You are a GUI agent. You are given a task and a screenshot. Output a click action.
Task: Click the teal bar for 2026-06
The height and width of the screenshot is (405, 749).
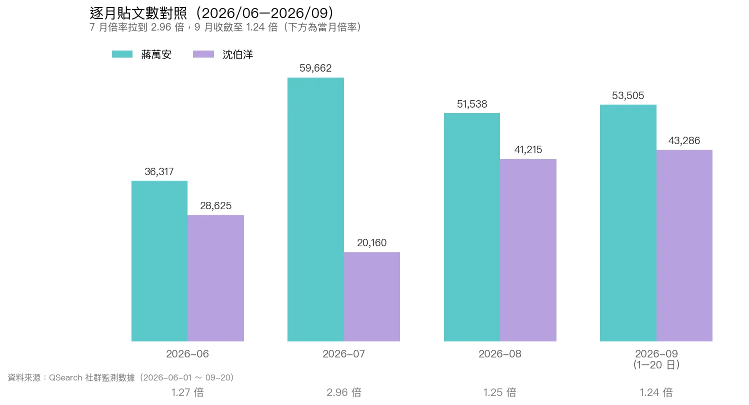coord(159,261)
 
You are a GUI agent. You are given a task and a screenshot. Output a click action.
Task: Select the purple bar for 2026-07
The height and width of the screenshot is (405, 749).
coord(372,297)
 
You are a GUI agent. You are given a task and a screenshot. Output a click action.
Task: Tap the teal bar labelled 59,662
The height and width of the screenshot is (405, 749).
coord(315,210)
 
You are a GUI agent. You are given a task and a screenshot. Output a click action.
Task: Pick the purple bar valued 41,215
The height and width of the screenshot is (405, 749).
coord(528,250)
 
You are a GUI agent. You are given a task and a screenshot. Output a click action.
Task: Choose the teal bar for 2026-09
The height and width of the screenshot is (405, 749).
coord(628,223)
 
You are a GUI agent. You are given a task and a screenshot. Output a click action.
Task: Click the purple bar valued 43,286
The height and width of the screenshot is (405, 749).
coord(684,246)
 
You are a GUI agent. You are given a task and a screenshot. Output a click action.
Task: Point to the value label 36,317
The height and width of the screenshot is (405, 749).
coord(159,172)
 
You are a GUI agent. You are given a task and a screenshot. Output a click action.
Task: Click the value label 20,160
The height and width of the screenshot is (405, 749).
coord(372,243)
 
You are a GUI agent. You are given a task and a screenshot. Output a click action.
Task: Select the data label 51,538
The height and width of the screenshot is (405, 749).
coord(472,104)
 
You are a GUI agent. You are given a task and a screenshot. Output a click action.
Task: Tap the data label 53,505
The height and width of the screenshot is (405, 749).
coord(628,96)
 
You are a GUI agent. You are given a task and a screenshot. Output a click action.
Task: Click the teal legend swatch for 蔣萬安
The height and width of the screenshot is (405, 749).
coord(122,54)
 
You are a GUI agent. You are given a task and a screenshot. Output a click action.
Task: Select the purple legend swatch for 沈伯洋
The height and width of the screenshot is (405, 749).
coord(203,54)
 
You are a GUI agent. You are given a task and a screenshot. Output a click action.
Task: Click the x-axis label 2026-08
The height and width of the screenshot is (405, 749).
coord(500,354)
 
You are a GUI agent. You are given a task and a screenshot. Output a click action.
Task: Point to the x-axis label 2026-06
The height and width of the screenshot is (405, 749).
coord(187,354)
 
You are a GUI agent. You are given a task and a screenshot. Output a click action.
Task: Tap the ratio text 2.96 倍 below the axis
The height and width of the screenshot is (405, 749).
coord(343,392)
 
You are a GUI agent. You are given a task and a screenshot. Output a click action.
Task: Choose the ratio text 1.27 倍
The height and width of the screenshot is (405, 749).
coord(187,392)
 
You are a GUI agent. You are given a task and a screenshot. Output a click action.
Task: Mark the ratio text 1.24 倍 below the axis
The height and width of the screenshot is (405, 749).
coord(656,392)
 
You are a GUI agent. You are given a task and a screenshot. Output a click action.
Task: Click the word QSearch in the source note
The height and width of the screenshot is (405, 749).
coord(65,377)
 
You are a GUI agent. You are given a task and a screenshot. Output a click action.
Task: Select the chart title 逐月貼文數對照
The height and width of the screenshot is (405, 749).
coord(138,14)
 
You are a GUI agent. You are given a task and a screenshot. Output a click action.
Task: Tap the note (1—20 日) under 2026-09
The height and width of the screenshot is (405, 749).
coord(656,365)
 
